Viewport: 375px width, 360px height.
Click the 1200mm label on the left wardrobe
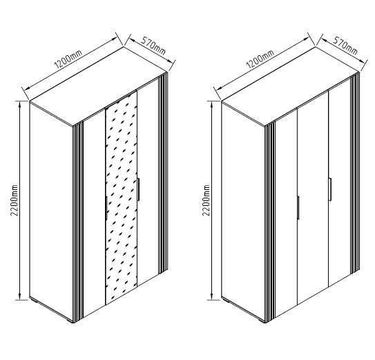pyautogui.click(x=68, y=59)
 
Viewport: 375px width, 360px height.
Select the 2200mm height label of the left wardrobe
pyautogui.click(x=15, y=200)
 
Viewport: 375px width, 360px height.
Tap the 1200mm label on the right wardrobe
pyautogui.click(x=260, y=59)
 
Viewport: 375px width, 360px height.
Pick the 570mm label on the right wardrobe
pyautogui.click(x=345, y=46)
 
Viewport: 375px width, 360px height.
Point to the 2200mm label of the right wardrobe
pyautogui.click(x=206, y=200)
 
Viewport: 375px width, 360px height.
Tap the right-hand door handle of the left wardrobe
pyautogui.click(x=138, y=189)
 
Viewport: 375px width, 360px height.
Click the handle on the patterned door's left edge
pyautogui.click(x=106, y=207)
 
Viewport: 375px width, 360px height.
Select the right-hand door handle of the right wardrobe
pyautogui.click(x=330, y=189)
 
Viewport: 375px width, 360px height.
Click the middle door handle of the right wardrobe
pyautogui.click(x=298, y=207)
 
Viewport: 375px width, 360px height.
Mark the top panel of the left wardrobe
pyautogui.click(x=98, y=86)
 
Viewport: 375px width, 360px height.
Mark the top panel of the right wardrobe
pyautogui.click(x=290, y=86)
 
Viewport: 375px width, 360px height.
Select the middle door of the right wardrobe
pyautogui.click(x=313, y=198)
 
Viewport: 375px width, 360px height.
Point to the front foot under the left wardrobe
pyautogui.click(x=70, y=321)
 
